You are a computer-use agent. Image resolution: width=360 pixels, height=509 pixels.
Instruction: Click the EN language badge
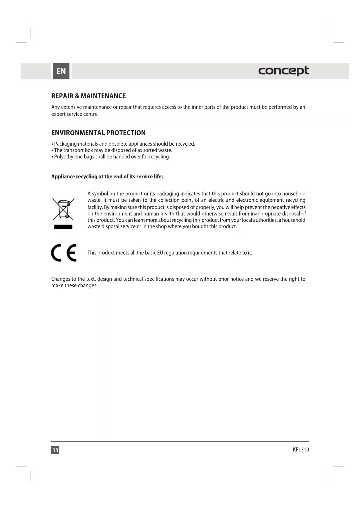(x=61, y=71)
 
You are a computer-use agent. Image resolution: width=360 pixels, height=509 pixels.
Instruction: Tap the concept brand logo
(x=283, y=71)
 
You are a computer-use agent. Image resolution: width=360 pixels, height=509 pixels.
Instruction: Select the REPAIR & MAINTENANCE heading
(x=88, y=96)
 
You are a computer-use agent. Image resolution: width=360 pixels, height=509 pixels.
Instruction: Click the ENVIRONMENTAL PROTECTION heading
(x=98, y=133)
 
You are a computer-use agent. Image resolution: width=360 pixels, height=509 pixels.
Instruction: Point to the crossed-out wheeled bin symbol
(x=63, y=209)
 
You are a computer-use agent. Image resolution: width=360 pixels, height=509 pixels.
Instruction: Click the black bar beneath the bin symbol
(x=63, y=227)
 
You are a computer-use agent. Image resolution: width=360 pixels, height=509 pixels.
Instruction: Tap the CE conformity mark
(x=64, y=253)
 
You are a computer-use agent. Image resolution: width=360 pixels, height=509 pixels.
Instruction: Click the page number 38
(x=55, y=450)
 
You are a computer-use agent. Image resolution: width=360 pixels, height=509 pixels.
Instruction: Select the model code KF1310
(x=301, y=450)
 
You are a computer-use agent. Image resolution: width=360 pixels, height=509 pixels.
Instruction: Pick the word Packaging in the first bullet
(x=65, y=144)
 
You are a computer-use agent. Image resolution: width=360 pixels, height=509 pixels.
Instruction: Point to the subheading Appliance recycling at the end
(x=107, y=176)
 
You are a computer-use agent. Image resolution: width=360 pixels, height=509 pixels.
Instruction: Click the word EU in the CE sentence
(x=160, y=253)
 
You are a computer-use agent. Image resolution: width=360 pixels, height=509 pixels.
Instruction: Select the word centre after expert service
(x=91, y=114)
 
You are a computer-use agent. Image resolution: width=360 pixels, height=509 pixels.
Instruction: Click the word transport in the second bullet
(x=73, y=150)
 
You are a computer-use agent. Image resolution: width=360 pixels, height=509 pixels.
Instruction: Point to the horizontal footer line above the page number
(x=180, y=442)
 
